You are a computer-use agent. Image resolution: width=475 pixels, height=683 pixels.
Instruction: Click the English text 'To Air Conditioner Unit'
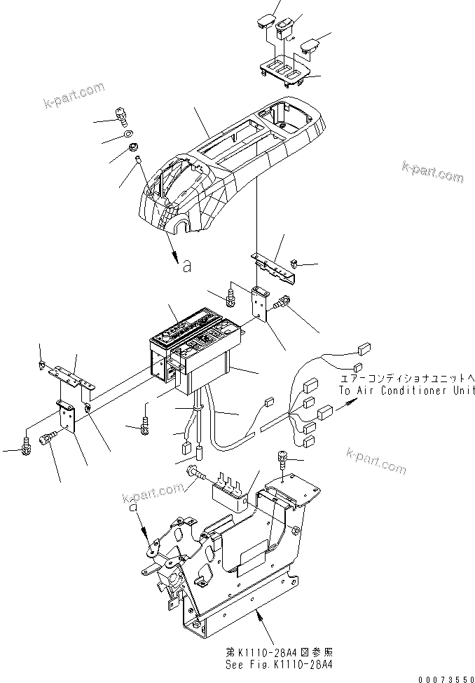coord(406,391)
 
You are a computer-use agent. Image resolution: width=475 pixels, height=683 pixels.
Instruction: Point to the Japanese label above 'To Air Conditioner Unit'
coord(406,379)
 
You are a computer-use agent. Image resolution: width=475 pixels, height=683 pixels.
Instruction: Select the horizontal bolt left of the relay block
coord(199,476)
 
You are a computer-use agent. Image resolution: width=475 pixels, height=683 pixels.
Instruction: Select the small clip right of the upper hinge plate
coord(294,264)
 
